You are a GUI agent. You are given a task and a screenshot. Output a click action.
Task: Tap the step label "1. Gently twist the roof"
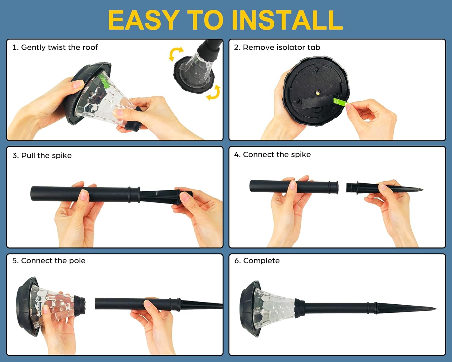pyautogui.click(x=55, y=47)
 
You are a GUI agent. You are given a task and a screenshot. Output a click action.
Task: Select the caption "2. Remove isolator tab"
pyautogui.click(x=277, y=47)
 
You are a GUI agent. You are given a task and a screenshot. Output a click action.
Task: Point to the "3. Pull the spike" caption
pyautogui.click(x=42, y=155)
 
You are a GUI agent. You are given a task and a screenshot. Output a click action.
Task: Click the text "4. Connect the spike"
pyautogui.click(x=272, y=154)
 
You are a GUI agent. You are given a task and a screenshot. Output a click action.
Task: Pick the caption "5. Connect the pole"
pyautogui.click(x=49, y=261)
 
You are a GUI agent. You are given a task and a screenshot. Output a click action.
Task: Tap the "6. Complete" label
pyautogui.click(x=257, y=261)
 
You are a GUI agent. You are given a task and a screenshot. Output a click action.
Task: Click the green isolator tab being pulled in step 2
pyautogui.click(x=340, y=102)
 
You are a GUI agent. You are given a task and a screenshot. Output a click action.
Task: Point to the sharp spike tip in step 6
pyautogui.click(x=436, y=309)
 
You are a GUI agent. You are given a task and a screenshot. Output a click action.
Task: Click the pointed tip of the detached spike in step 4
pyautogui.click(x=422, y=189)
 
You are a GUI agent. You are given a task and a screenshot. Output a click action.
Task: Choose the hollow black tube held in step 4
pyautogui.click(x=294, y=186)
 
